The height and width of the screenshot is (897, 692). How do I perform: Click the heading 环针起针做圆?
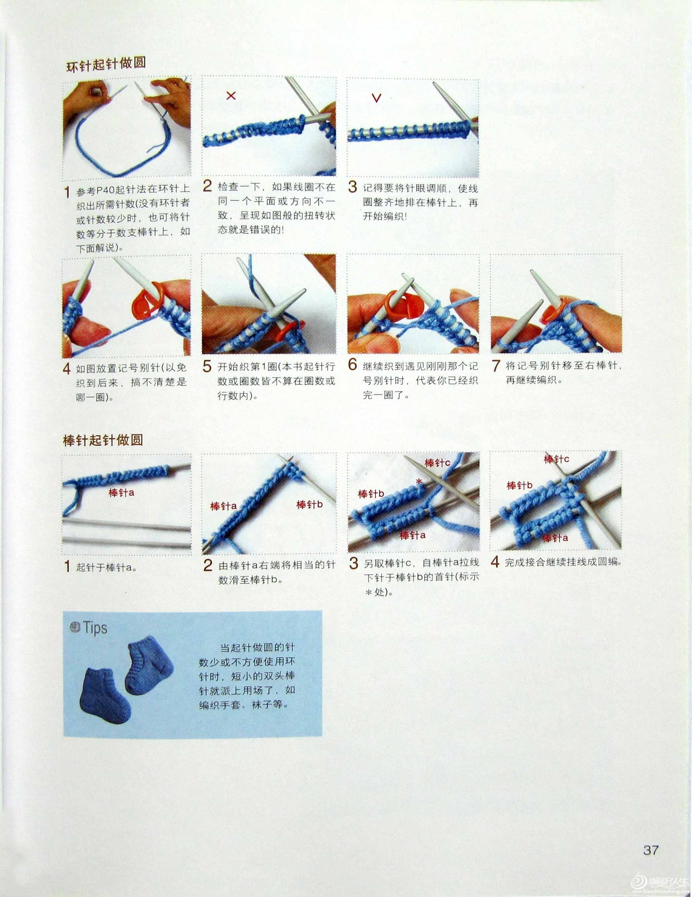click(106, 64)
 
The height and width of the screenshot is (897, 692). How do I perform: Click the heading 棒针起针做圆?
click(103, 440)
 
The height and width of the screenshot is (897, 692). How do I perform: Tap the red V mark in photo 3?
click(376, 98)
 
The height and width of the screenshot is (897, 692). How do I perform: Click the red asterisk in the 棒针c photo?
click(419, 481)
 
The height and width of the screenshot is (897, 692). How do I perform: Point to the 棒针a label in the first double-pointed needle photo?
click(121, 492)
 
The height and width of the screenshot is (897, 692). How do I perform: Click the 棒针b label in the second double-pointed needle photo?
click(310, 504)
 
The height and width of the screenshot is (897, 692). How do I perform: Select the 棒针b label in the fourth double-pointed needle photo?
click(519, 486)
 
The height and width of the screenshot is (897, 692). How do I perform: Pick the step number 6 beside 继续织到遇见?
click(352, 364)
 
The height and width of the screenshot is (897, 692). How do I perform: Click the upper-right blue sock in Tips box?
click(149, 665)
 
